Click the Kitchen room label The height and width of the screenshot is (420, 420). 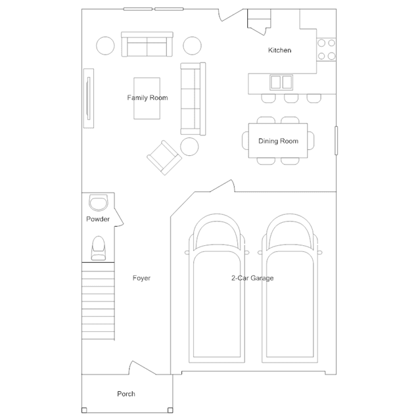pos(279,50)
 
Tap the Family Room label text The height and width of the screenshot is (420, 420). pos(147,98)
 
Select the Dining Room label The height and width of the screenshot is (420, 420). pos(278,141)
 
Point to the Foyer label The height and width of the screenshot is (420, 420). pos(141,278)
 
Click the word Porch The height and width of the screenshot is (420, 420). pos(126,394)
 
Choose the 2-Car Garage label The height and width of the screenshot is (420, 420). pos(252,278)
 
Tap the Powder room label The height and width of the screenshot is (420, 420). pos(98,219)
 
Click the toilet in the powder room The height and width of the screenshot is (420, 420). pos(99,248)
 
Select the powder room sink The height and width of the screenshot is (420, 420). pos(99,202)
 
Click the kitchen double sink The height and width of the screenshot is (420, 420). pos(281,82)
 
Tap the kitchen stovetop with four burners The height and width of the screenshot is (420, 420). pos(326,50)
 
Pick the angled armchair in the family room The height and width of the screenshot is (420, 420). pos(164,158)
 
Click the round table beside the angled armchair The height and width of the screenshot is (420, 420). pos(189,147)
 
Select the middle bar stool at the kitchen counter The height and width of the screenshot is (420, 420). pos(291,99)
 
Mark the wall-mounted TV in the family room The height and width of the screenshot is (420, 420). pos(88,99)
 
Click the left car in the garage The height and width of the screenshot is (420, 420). pos(217,288)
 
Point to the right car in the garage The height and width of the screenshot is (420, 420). pos(290,288)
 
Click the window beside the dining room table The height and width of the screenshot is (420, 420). pos(336,141)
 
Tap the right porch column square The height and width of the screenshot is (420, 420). pos(170,410)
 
